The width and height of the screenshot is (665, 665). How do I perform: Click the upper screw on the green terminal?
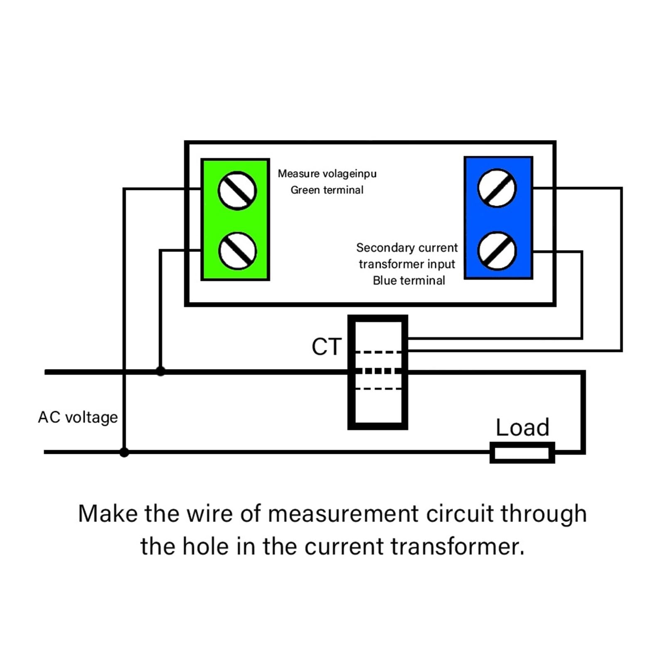pos(237,191)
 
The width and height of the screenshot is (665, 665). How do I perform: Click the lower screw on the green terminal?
pos(237,251)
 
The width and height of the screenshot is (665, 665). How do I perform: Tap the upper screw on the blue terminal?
pos(497,188)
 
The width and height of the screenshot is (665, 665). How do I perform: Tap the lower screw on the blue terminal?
pos(497,251)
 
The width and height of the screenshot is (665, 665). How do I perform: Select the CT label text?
pos(327,347)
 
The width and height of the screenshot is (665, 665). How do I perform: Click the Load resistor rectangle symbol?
pos(522,453)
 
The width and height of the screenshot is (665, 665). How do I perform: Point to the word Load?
pos(522,427)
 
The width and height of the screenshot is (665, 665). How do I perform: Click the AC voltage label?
pos(78,417)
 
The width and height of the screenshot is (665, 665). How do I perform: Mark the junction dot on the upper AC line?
pos(160,371)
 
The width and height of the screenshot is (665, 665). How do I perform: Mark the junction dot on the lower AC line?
pos(124,452)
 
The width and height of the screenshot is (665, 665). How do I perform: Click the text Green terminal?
pos(327,190)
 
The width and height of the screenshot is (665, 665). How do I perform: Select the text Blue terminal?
pos(409,281)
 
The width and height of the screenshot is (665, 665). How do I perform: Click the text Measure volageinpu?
pos(327,174)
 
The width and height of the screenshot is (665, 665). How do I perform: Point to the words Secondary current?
pos(407,248)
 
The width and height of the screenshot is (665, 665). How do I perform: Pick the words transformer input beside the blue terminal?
pos(407,264)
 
